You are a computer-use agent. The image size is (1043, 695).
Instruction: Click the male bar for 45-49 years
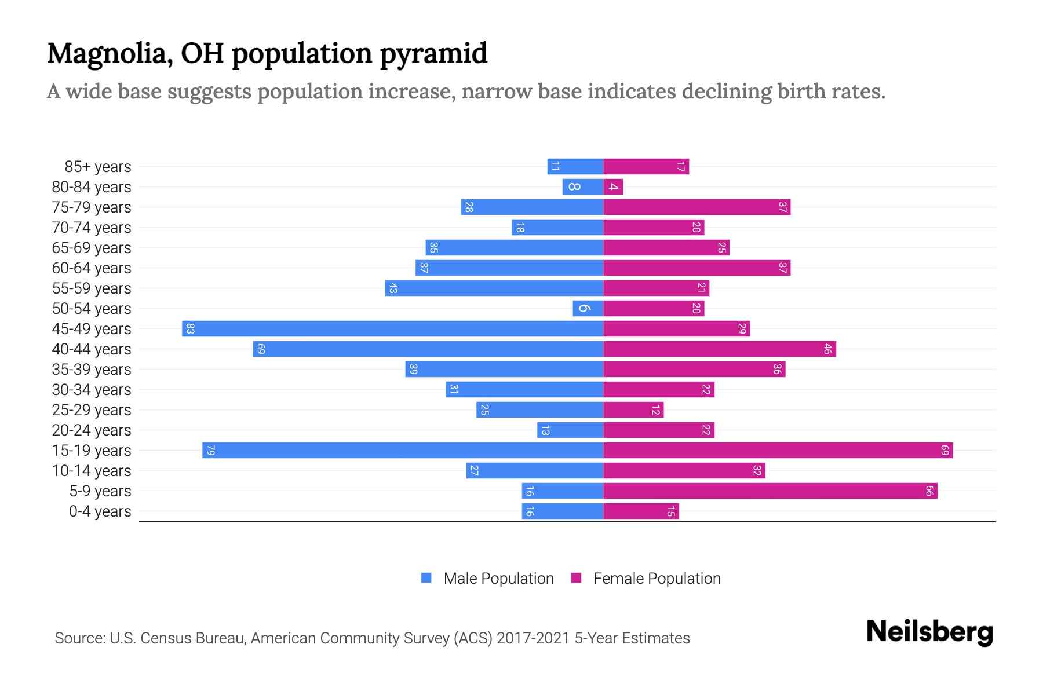(x=392, y=329)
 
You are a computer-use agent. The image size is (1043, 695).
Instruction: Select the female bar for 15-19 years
(x=778, y=451)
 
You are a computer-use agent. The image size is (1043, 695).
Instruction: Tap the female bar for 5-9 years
(x=770, y=491)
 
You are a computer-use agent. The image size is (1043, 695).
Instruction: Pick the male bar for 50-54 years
(x=588, y=309)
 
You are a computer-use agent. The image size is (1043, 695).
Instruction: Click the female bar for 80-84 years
(x=613, y=187)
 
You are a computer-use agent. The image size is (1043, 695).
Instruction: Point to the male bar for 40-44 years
(x=428, y=349)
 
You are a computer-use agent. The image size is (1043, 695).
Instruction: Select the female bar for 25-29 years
(x=633, y=410)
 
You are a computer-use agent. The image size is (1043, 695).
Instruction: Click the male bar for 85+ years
(x=575, y=167)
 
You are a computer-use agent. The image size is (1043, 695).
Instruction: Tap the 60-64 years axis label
(x=92, y=268)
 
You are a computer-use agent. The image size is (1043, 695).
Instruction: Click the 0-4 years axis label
(x=100, y=511)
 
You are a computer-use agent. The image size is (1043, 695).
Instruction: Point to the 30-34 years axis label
(x=92, y=390)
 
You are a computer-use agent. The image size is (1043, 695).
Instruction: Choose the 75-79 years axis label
(x=92, y=207)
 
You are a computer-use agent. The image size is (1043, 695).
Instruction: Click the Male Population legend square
(x=426, y=578)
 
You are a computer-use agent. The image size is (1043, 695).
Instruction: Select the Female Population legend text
(x=657, y=579)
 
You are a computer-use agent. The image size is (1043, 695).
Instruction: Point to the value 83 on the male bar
(x=190, y=329)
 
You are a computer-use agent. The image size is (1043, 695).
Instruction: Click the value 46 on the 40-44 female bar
(x=827, y=349)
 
